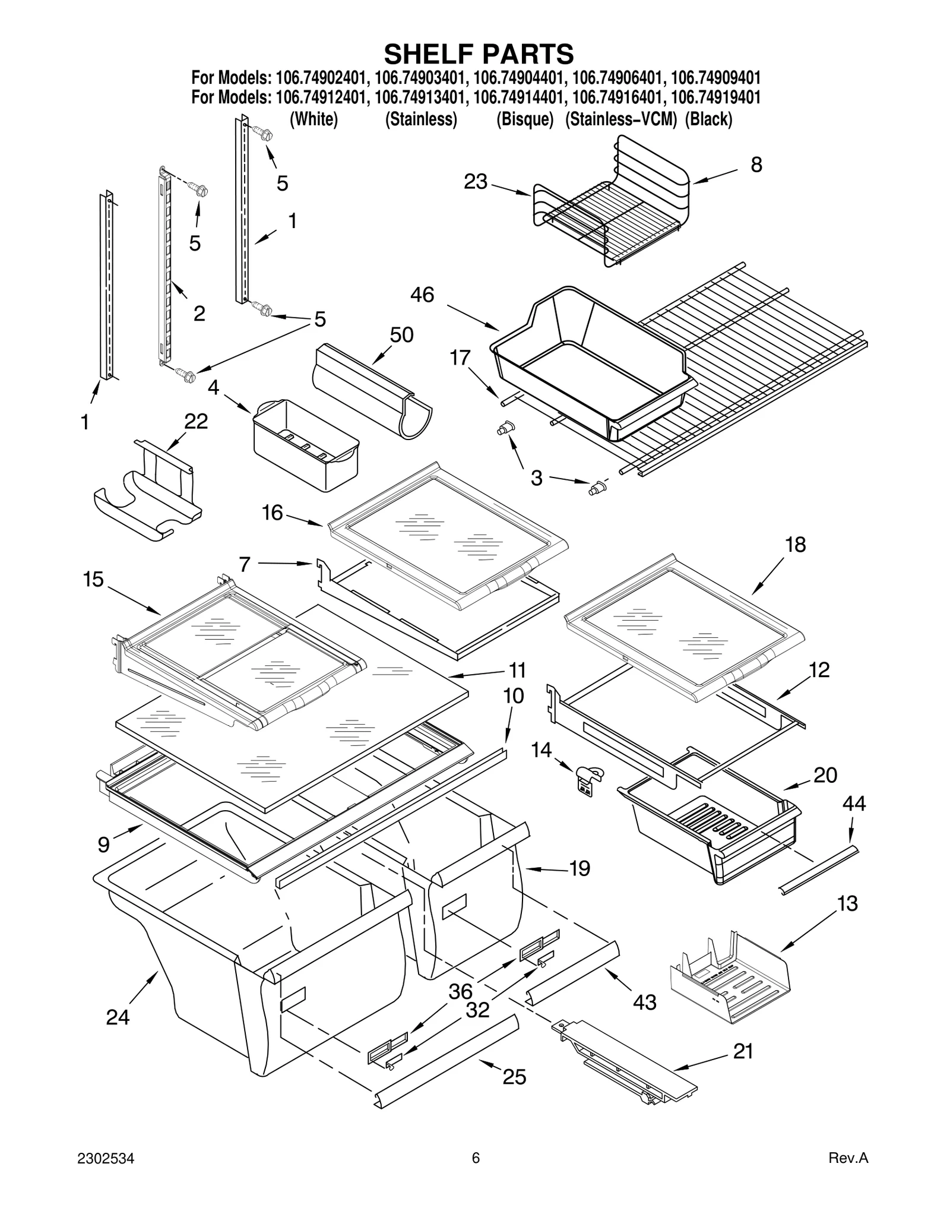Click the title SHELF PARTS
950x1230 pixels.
(479, 54)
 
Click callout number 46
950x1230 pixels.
(422, 295)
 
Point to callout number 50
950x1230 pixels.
(401, 335)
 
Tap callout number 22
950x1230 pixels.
(196, 422)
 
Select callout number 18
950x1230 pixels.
(796, 544)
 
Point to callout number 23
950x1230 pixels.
(476, 182)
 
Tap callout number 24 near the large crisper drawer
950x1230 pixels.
(118, 1017)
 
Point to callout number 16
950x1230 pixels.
(273, 513)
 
